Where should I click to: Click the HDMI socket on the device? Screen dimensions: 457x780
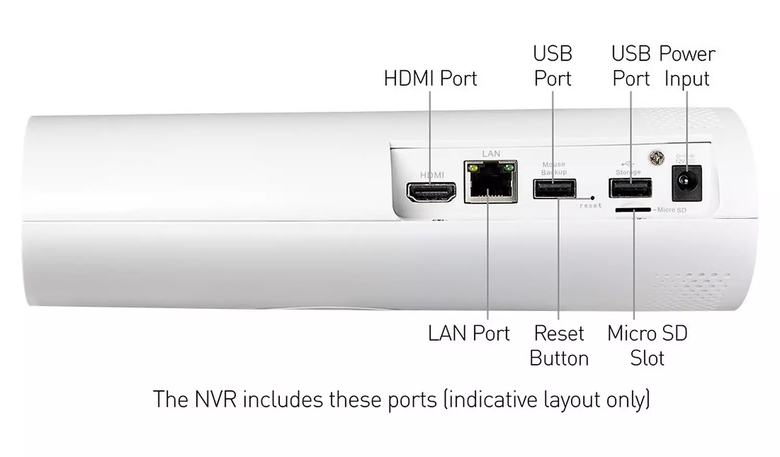tap(431, 192)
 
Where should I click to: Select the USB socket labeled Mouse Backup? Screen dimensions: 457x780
tap(554, 189)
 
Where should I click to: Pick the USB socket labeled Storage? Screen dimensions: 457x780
tap(630, 187)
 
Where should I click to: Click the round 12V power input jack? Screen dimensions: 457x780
tap(686, 183)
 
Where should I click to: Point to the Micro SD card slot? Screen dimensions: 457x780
tap(633, 210)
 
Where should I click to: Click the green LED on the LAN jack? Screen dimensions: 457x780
tap(509, 168)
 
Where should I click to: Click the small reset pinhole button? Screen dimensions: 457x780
tap(593, 198)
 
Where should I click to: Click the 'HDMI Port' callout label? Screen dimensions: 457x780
tap(430, 79)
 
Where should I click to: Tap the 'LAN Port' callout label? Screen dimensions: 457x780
tap(469, 333)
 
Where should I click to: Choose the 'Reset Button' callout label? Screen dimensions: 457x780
tap(559, 345)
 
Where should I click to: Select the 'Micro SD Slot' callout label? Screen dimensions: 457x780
tap(647, 345)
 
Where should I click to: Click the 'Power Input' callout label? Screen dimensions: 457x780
tap(687, 66)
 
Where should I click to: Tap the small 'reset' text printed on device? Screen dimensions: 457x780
tap(591, 206)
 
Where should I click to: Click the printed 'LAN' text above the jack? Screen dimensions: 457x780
tap(491, 154)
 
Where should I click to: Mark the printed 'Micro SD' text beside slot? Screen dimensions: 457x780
tap(671, 210)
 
